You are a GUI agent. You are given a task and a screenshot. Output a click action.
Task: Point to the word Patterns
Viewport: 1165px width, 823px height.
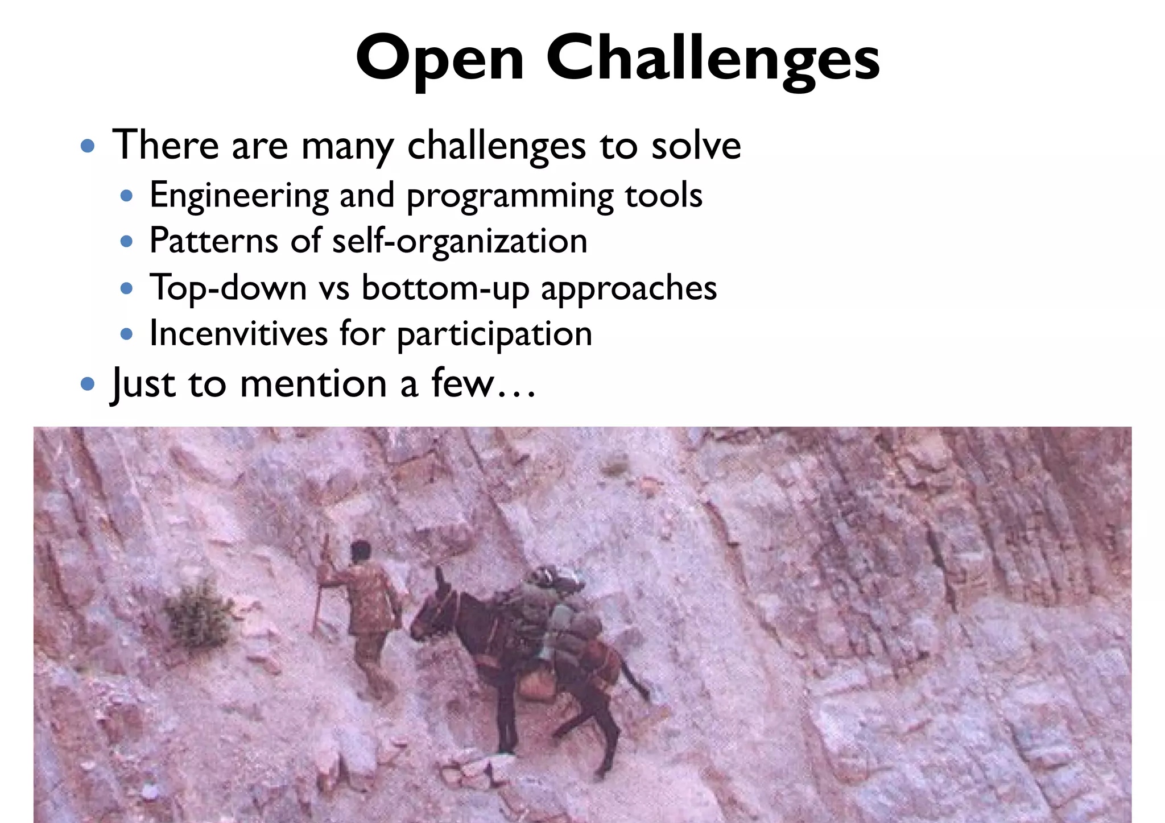click(213, 241)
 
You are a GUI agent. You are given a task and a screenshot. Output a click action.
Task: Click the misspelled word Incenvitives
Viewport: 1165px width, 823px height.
click(238, 334)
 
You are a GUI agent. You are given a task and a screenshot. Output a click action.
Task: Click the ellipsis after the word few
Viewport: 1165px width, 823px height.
click(516, 392)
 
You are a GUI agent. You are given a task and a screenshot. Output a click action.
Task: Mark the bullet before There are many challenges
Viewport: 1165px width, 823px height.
click(88, 147)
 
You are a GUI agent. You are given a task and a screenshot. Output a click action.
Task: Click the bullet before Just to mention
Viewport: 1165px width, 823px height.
click(88, 384)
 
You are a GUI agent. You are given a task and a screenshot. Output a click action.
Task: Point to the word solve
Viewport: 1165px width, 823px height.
click(696, 146)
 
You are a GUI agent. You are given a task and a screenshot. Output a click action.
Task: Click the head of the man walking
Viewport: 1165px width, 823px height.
click(360, 551)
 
